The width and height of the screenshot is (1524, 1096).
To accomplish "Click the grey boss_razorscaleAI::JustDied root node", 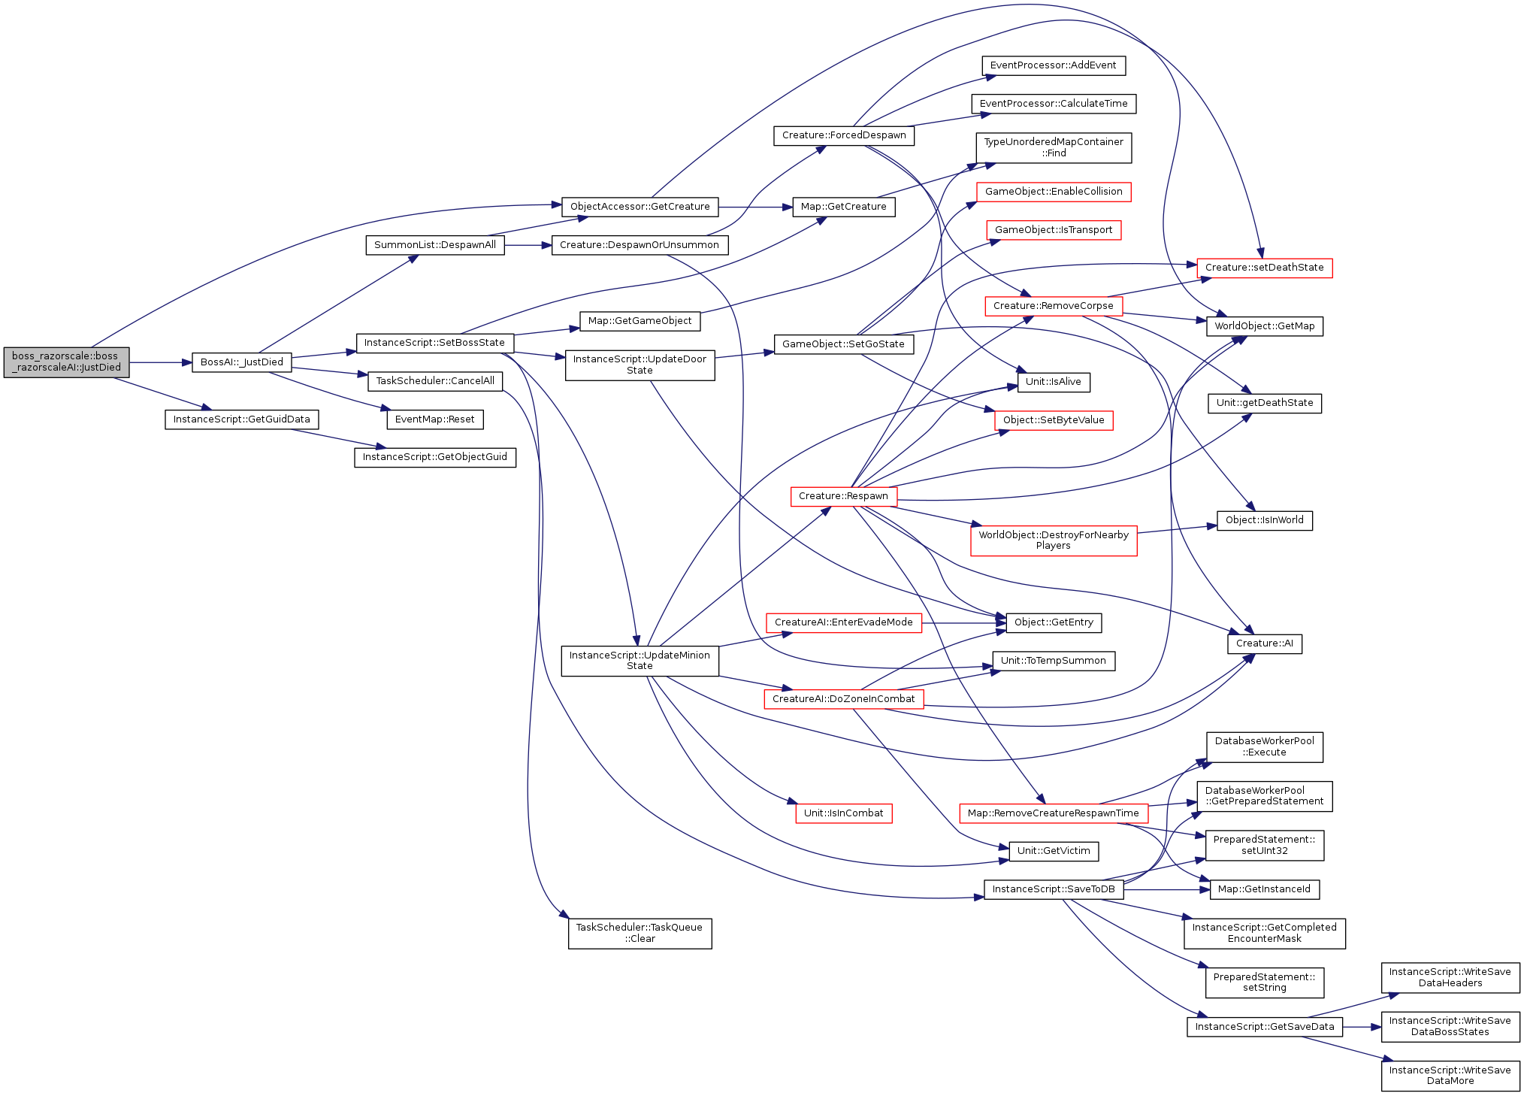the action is (66, 362).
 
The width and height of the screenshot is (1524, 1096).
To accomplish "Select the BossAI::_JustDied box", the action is (242, 362).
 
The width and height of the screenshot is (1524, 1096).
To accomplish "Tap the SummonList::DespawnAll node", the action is (435, 245).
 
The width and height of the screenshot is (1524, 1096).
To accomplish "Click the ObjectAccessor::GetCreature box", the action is (640, 207).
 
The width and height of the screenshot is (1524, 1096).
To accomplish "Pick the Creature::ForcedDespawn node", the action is (844, 135).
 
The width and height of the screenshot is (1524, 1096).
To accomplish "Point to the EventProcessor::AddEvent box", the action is (1054, 65).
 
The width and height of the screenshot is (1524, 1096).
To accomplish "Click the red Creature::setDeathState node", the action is (1265, 268).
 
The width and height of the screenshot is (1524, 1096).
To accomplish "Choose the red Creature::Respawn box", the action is (843, 496).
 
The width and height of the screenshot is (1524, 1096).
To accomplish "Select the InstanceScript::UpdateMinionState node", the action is (640, 661).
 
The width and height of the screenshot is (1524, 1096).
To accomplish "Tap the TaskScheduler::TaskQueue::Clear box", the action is (640, 934).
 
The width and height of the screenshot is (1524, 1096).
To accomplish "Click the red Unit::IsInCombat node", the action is (844, 813).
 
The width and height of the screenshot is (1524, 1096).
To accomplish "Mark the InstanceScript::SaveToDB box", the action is (1054, 889).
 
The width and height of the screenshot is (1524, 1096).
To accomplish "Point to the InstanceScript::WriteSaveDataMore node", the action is (1450, 1076).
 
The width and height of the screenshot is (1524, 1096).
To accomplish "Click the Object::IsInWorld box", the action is (1265, 520).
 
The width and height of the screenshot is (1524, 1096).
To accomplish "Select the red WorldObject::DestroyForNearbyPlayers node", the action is (1054, 540).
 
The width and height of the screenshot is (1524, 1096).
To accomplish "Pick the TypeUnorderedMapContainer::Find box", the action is (1054, 147).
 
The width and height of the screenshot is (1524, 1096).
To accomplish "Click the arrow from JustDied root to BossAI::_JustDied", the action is (161, 362).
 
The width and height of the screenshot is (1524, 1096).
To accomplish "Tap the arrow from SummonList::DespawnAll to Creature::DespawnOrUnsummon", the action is (528, 245).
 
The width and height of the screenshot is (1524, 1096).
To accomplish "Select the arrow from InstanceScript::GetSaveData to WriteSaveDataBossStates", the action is (1362, 1027).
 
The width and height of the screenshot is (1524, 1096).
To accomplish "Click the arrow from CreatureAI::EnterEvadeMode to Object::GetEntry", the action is (964, 623).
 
